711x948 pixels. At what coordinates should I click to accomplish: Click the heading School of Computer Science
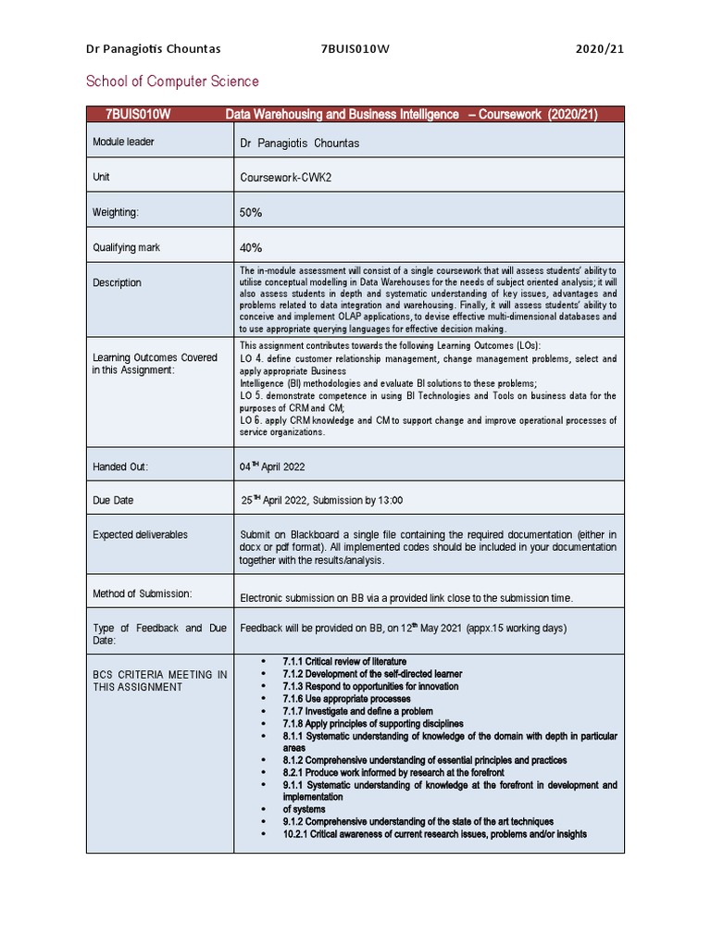point(172,81)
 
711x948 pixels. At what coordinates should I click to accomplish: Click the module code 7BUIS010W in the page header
point(355,49)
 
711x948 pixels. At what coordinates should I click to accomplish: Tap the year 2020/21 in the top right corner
point(598,49)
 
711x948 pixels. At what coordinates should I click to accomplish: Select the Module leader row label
point(123,142)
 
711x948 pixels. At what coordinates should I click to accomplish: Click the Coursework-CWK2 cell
point(284,177)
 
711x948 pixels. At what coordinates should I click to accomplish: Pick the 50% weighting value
point(251,212)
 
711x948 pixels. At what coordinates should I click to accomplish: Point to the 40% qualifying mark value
point(251,247)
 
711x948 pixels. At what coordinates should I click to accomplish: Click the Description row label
point(117,282)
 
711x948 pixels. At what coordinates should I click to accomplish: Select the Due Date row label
point(113,500)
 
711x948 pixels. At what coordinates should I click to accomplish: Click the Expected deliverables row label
point(140,534)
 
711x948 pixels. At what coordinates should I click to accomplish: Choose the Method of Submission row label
point(142,592)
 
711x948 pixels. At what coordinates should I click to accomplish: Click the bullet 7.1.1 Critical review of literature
point(344,661)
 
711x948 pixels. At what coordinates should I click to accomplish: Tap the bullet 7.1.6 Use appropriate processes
point(346,699)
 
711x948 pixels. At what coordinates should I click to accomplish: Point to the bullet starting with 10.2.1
point(434,833)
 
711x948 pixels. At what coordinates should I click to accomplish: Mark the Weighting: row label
point(116,212)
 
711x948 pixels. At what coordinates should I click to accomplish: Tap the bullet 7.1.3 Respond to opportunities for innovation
point(370,686)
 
